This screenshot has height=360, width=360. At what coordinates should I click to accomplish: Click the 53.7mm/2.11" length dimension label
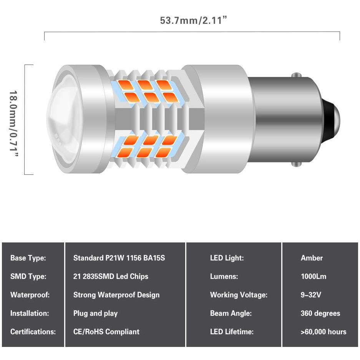(x=193, y=20)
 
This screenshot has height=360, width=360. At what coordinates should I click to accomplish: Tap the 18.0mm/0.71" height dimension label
(x=13, y=123)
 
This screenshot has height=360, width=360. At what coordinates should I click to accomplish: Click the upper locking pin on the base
(x=297, y=75)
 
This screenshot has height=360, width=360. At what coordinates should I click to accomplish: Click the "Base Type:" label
(x=28, y=258)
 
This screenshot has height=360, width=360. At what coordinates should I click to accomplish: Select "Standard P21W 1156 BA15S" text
(x=119, y=258)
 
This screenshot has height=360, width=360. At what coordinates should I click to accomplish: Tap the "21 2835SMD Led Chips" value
(x=111, y=276)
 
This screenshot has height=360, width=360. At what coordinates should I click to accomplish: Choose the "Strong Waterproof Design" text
(x=116, y=295)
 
